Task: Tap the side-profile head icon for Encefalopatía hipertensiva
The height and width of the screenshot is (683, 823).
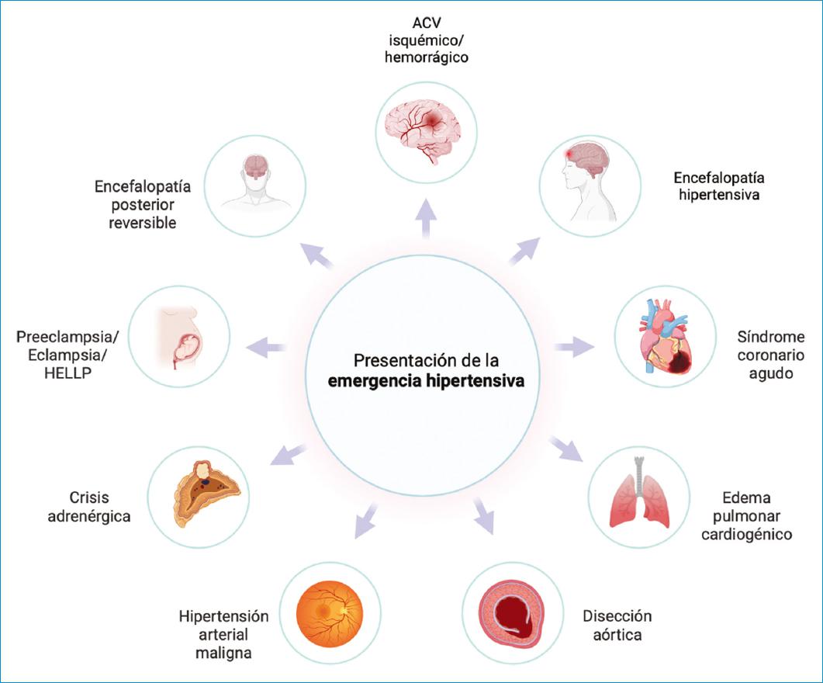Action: pyautogui.click(x=590, y=184)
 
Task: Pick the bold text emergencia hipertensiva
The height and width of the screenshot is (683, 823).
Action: pyautogui.click(x=425, y=381)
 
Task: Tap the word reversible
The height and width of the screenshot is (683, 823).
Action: pyautogui.click(x=143, y=223)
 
